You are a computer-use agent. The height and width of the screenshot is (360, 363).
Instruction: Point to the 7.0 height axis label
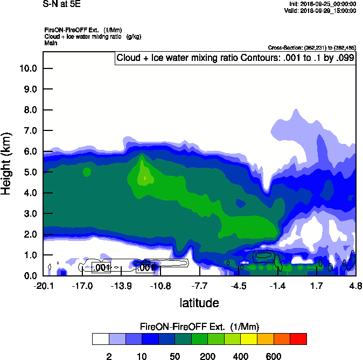(29, 131)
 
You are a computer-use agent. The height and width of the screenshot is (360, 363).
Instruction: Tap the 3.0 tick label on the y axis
(29, 214)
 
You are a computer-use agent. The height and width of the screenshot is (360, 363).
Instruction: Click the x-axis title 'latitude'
(199, 303)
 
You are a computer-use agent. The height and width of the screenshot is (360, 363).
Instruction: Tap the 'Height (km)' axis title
(7, 163)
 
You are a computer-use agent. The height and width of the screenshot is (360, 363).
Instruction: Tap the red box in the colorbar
(298, 339)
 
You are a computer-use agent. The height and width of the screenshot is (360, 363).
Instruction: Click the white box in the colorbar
(100, 339)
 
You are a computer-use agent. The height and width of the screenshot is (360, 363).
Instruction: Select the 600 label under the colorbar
(274, 356)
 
